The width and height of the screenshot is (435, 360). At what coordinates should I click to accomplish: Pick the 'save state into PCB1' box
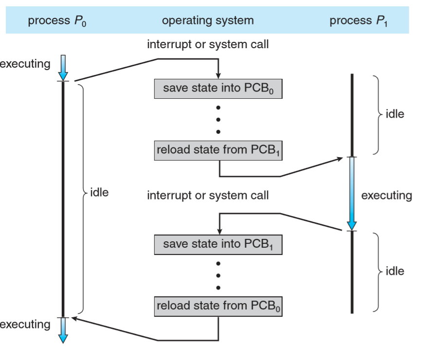click(x=219, y=243)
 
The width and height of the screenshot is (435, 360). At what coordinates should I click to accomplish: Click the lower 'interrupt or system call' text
click(x=207, y=196)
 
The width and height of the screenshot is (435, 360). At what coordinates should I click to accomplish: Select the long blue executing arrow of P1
click(x=351, y=192)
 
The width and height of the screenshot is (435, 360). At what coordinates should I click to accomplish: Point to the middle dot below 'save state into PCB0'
click(x=219, y=119)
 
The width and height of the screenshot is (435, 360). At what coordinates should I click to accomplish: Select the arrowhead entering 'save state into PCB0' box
click(x=219, y=76)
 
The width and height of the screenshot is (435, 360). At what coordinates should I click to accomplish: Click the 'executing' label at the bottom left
click(x=24, y=324)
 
